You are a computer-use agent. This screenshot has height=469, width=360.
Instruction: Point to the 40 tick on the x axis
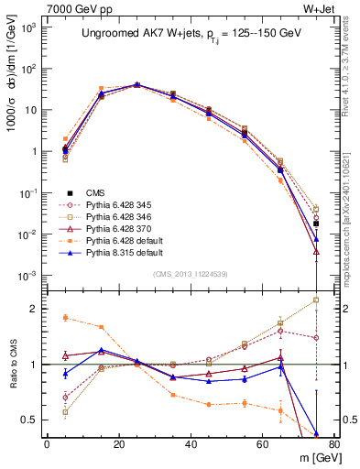190,444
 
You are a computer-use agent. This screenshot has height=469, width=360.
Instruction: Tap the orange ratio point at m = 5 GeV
65,318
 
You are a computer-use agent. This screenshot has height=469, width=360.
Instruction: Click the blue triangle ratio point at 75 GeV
315,434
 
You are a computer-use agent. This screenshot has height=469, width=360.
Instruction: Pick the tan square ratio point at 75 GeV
315,300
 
